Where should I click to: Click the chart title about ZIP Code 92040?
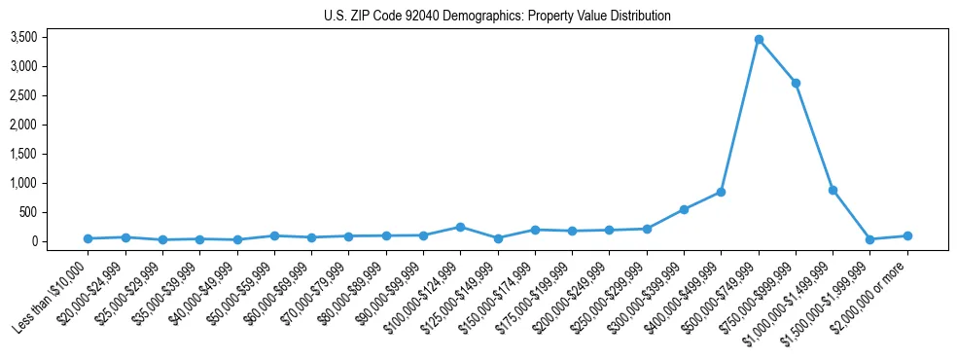pyautogui.click(x=497, y=17)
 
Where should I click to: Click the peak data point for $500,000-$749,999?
pyautogui.click(x=759, y=39)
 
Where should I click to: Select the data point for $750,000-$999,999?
pyautogui.click(x=796, y=83)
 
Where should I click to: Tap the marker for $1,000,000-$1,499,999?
pyautogui.click(x=833, y=190)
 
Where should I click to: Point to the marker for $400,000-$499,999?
pyautogui.click(x=721, y=192)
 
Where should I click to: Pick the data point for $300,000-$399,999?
pyautogui.click(x=684, y=209)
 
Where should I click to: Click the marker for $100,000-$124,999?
pyautogui.click(x=460, y=227)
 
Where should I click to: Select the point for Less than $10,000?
pyautogui.click(x=88, y=238)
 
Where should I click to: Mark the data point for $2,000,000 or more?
pyautogui.click(x=907, y=235)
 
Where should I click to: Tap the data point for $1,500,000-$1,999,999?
pyautogui.click(x=870, y=239)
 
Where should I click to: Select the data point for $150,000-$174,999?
pyautogui.click(x=535, y=230)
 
